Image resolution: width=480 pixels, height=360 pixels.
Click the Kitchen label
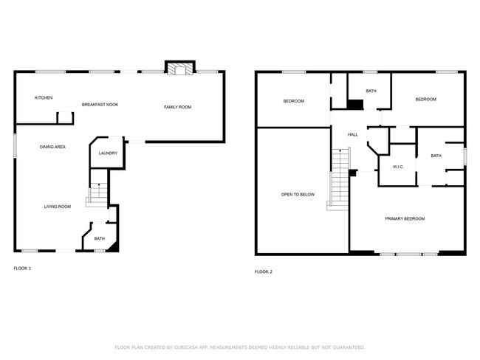pos(44,97)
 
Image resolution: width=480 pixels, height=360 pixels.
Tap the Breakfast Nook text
pos(100,105)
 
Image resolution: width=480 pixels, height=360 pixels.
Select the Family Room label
pos(177,107)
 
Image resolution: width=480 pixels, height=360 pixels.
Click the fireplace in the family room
pos(180,68)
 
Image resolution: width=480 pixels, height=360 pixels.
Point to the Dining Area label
pos(52,147)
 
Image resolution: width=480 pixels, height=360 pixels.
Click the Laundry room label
pos(108,153)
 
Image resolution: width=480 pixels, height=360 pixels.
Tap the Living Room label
pos(58,207)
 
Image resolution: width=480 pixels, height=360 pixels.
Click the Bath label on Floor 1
pos(99,238)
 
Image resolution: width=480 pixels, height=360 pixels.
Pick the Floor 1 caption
pos(22,269)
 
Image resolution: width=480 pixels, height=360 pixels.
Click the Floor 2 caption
pos(264,271)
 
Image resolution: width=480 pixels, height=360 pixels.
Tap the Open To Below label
pos(298,195)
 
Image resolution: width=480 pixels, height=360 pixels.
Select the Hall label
pos(353,134)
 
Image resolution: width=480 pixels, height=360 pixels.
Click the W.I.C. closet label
pos(398,167)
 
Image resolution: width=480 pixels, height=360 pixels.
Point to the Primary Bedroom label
pos(405,218)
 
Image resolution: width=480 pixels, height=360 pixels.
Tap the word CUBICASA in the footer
pos(186,347)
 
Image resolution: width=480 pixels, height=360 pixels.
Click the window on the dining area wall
pos(15,145)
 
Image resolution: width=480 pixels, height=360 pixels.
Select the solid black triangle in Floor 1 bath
pos(114,248)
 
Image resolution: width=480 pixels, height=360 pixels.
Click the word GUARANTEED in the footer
pos(349,347)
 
